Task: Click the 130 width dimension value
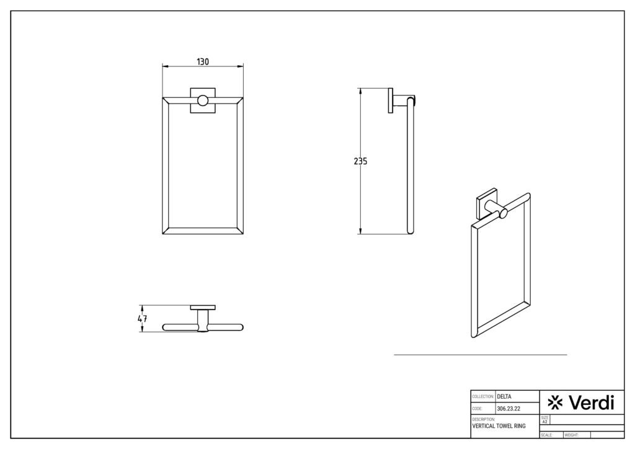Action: [x=203, y=61]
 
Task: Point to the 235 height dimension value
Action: [x=360, y=161]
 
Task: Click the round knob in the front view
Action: [x=202, y=100]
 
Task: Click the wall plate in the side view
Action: [x=391, y=100]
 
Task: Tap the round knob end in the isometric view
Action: [x=504, y=214]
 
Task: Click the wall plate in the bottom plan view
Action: [x=203, y=308]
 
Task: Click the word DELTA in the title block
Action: [x=506, y=396]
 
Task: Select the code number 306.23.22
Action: [x=508, y=409]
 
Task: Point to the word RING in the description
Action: [x=520, y=427]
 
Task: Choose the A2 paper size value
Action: [x=544, y=422]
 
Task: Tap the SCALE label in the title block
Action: [x=547, y=435]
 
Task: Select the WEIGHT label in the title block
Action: [x=571, y=435]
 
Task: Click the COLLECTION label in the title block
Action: [x=483, y=396]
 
